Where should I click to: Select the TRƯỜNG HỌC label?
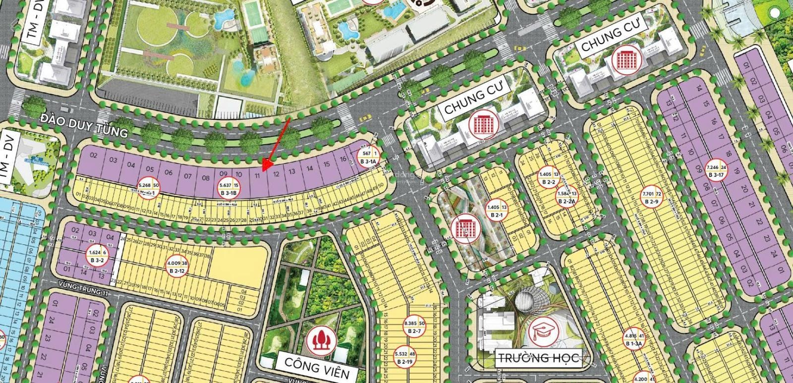pos(537,357)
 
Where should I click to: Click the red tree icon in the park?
pos(320,339)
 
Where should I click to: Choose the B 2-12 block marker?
pos(177,267)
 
